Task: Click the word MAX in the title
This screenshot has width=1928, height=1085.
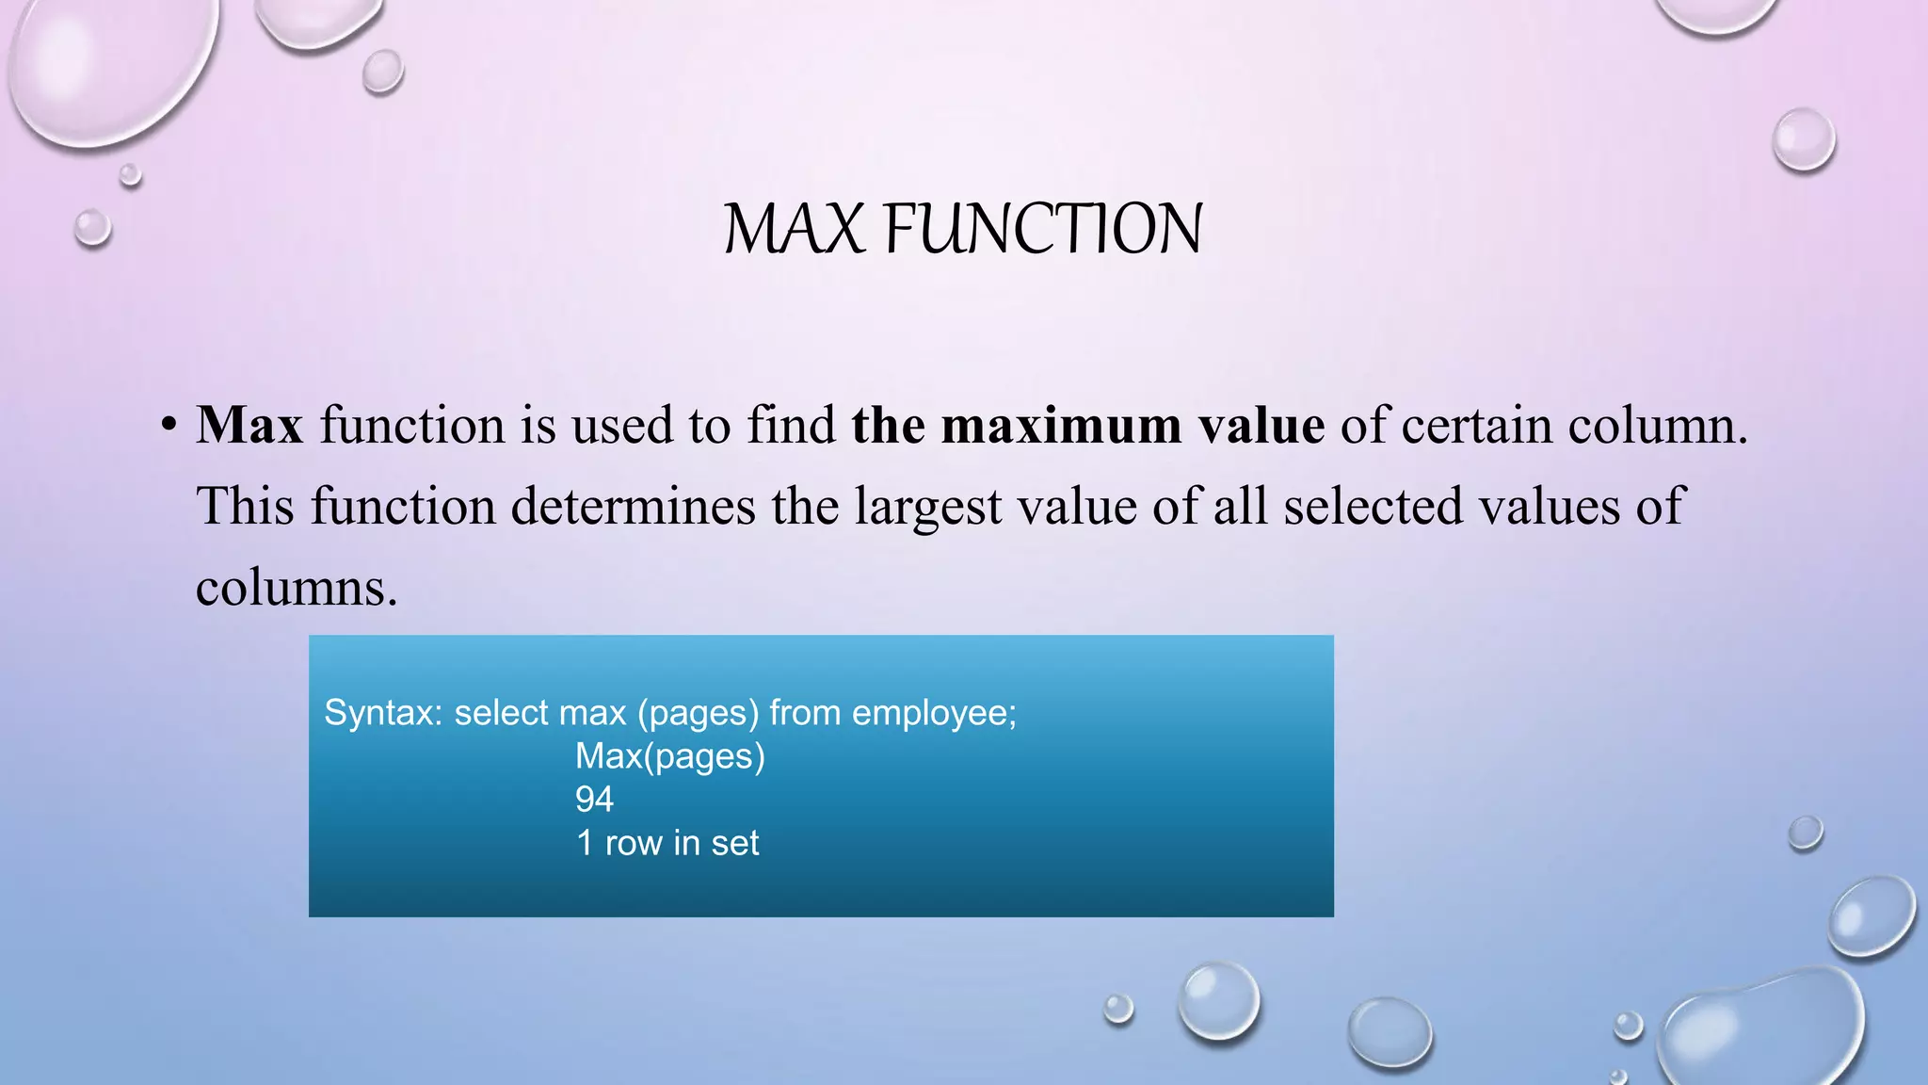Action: [x=793, y=229]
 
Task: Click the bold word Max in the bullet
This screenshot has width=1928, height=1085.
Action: [x=249, y=425]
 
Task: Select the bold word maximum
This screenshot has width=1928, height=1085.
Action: [x=1061, y=425]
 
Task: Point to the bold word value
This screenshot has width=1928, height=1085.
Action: [x=1261, y=425]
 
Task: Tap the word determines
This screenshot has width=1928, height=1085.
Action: [x=633, y=506]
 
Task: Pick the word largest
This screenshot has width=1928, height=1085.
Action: [x=928, y=506]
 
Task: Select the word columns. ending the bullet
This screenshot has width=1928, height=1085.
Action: [x=297, y=588]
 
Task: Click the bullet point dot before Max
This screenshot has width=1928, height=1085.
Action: [x=169, y=425]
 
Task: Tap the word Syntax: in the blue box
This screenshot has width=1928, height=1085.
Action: [x=382, y=713]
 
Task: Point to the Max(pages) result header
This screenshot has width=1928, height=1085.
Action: [x=669, y=756]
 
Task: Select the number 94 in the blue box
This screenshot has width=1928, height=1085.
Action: [x=594, y=800]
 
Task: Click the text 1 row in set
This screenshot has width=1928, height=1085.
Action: [x=667, y=843]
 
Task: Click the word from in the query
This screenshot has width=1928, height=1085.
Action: [x=805, y=713]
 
